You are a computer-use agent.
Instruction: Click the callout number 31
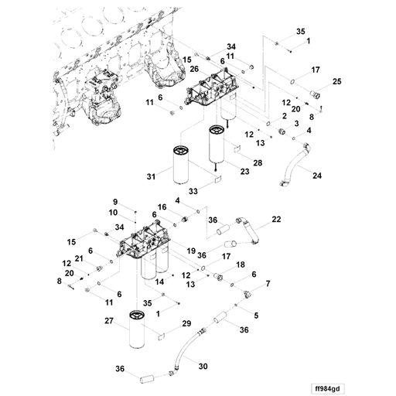pos(151,177)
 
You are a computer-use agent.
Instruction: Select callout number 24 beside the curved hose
pos(316,176)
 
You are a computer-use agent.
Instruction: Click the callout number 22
pos(275,220)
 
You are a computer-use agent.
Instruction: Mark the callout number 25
pos(336,80)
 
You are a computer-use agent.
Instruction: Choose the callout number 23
pos(244,172)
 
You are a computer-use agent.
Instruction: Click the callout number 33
pos(194,190)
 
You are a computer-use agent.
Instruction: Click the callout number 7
pos(268,284)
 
